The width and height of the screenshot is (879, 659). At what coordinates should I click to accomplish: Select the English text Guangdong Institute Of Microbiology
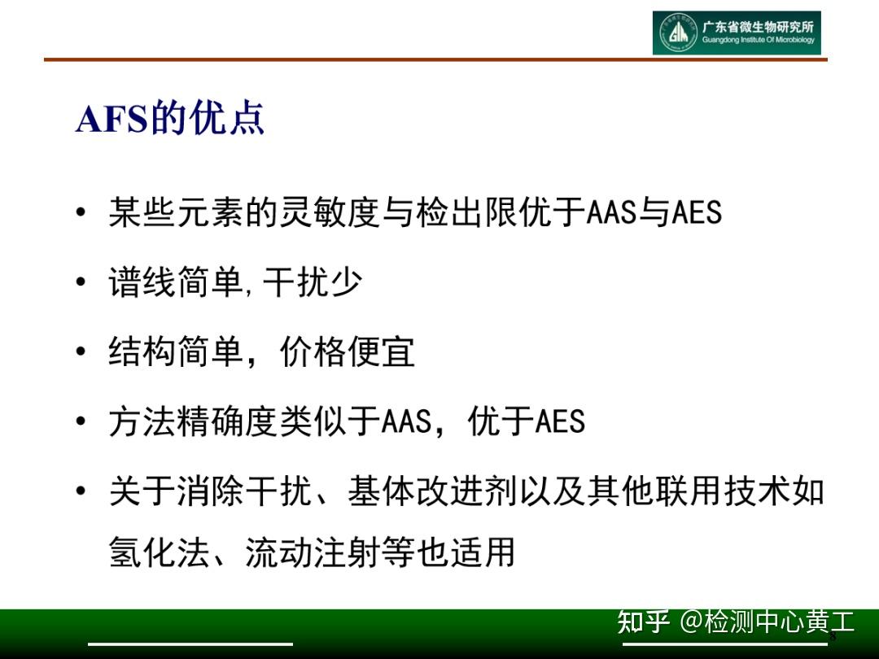(x=758, y=41)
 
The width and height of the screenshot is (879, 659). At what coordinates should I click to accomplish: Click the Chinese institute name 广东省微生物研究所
(x=758, y=27)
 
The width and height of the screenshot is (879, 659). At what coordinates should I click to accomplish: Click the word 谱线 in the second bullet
(x=142, y=282)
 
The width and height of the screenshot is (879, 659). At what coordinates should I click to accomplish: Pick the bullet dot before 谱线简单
(x=80, y=283)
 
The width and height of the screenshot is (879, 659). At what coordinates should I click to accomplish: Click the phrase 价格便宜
(x=348, y=352)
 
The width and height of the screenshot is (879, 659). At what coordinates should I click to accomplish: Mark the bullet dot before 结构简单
(x=80, y=353)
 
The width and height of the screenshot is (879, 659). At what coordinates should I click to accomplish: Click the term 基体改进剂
(x=415, y=491)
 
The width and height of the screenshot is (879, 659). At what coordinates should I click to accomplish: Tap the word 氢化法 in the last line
(x=160, y=552)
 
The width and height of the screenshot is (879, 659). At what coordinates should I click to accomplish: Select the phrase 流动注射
(x=313, y=552)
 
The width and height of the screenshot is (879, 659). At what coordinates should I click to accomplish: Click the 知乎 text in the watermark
(x=643, y=622)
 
